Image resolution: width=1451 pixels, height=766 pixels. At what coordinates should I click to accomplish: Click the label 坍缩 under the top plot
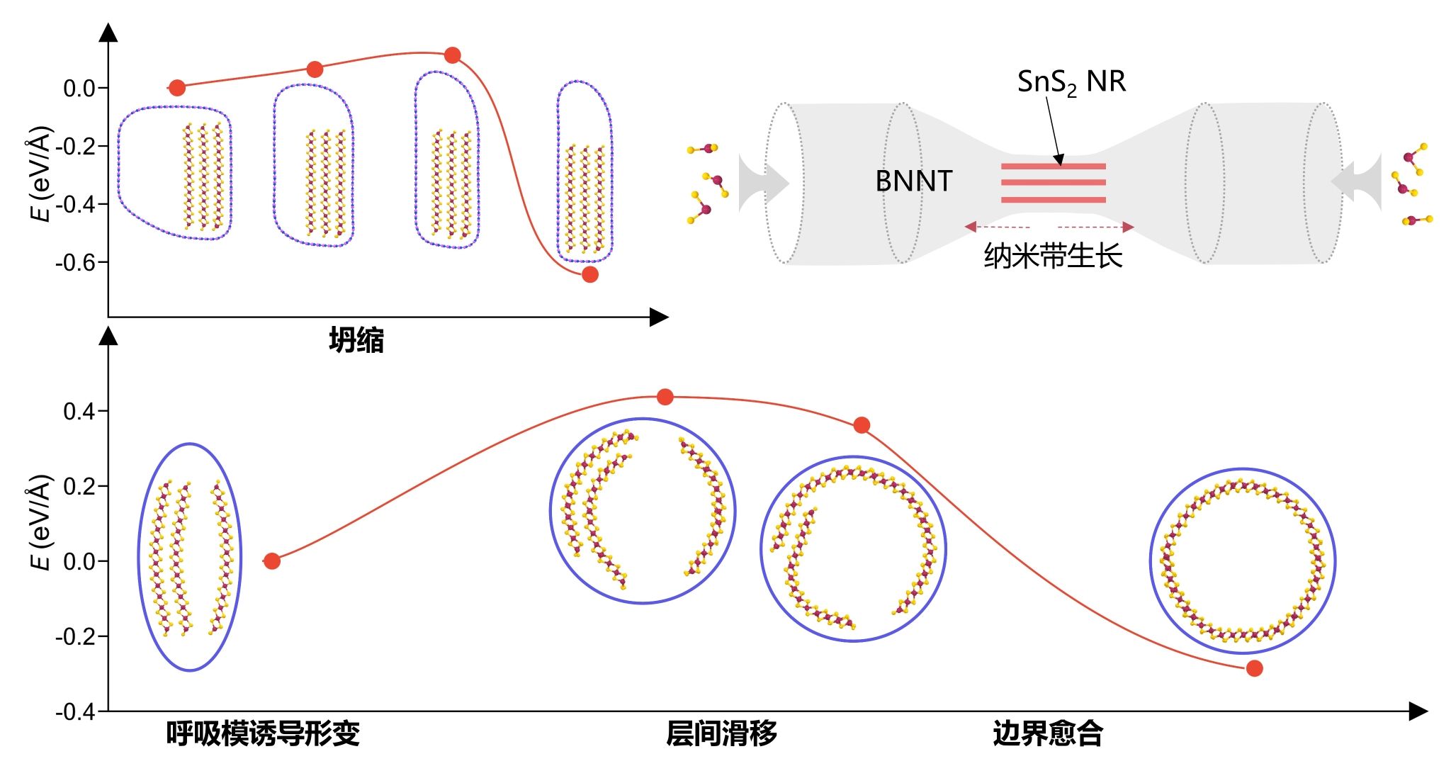(x=356, y=341)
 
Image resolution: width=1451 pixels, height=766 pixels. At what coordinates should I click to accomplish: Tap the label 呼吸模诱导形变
(x=264, y=733)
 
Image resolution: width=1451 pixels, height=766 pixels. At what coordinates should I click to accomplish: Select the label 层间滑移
(x=721, y=733)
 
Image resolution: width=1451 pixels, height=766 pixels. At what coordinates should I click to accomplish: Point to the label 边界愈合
(x=1048, y=733)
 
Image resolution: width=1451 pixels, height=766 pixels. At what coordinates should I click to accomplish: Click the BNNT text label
(x=914, y=181)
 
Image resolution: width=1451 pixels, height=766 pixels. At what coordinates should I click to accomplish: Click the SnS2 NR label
(x=1071, y=82)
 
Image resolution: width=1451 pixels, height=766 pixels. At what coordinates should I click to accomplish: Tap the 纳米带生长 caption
(x=1053, y=255)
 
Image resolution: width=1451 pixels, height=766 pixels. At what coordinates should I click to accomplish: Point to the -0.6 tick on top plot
(x=75, y=263)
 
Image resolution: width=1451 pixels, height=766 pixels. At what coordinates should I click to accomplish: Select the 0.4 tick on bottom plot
(x=79, y=412)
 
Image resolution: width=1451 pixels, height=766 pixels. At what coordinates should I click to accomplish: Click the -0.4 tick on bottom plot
(x=75, y=712)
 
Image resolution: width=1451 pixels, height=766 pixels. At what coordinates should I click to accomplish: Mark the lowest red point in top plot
(x=589, y=274)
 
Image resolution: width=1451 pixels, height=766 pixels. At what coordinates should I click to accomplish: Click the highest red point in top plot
(x=453, y=55)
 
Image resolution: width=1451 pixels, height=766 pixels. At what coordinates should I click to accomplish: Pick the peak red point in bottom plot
(x=665, y=397)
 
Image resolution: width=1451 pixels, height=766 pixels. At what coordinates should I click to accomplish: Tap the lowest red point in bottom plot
(x=1254, y=668)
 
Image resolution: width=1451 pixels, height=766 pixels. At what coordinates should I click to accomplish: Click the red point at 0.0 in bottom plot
(x=272, y=561)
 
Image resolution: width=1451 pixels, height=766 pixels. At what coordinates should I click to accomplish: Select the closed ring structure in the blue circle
(x=1162, y=560)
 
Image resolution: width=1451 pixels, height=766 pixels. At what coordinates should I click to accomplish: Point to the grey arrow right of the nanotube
(x=1356, y=182)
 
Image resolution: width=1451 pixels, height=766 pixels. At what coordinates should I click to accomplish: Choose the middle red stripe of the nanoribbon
(x=1053, y=183)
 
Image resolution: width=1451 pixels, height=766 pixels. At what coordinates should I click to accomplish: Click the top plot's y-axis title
(x=42, y=174)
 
